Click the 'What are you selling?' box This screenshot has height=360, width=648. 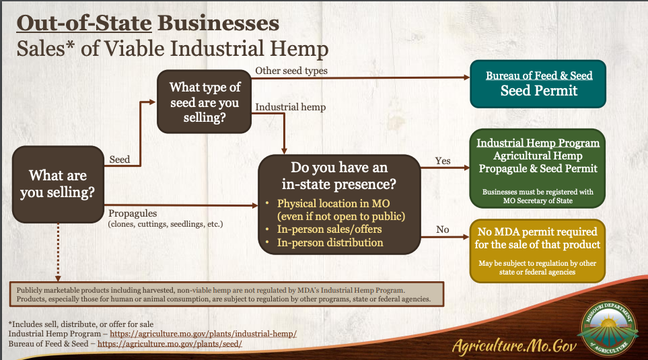click(58, 184)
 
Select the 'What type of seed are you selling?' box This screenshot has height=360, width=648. click(204, 102)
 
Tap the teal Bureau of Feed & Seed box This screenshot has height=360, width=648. click(538, 84)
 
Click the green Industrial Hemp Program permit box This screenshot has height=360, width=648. click(538, 169)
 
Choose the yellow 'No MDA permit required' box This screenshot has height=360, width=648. click(538, 251)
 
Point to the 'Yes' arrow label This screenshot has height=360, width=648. click(443, 161)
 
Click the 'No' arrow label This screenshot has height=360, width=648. click(443, 229)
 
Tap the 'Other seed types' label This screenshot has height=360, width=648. click(291, 71)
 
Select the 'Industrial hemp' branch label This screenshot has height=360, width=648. click(291, 107)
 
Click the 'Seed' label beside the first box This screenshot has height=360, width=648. click(119, 159)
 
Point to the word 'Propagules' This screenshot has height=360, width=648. click(133, 214)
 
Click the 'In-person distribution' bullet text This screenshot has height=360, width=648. click(330, 243)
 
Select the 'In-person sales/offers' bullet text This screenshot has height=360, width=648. click(329, 229)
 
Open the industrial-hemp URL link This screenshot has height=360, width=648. click(203, 334)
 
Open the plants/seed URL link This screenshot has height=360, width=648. click(170, 344)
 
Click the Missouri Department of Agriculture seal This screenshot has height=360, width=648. click(609, 328)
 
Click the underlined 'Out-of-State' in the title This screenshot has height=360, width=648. click(84, 23)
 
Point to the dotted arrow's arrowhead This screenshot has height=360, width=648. click(58, 279)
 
